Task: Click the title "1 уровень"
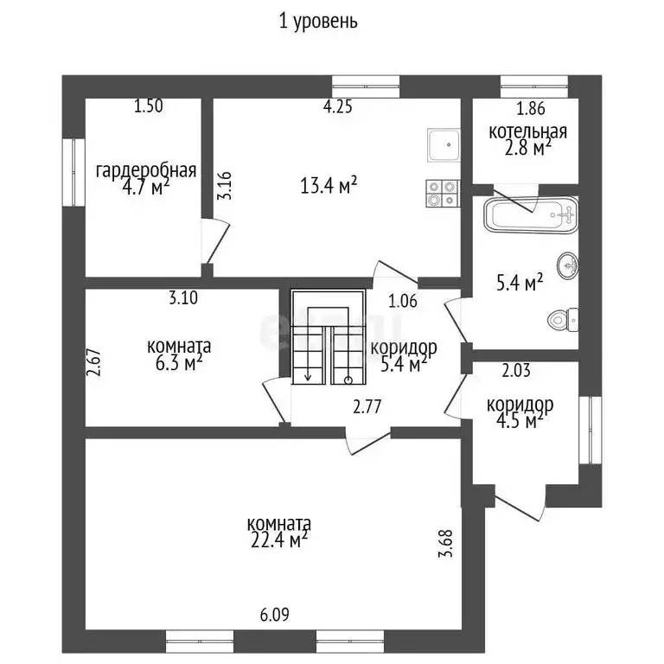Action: [318, 22]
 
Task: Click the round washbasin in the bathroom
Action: [567, 265]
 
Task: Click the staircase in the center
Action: [326, 337]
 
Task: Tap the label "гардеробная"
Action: [146, 169]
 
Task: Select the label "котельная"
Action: [527, 131]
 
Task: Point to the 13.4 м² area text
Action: [329, 184]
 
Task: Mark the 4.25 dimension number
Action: [337, 107]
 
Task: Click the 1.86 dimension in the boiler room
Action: [531, 110]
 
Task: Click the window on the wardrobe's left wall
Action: [68, 173]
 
